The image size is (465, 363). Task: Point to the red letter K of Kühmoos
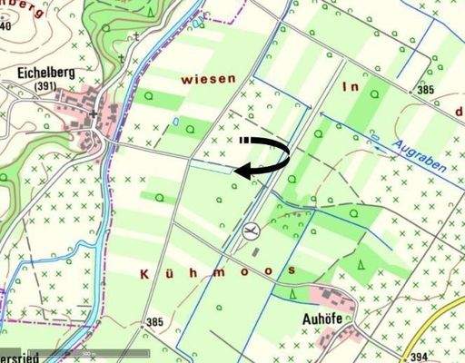pyautogui.click(x=146, y=272)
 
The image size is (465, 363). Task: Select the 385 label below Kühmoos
pyautogui.click(x=153, y=322)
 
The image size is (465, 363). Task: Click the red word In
pyautogui.click(x=350, y=87)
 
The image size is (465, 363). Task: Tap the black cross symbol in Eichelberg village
pyautogui.click(x=94, y=115)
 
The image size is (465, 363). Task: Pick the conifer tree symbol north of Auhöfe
pyautogui.click(x=292, y=293)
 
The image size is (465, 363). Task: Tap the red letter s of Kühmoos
pyautogui.click(x=291, y=271)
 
